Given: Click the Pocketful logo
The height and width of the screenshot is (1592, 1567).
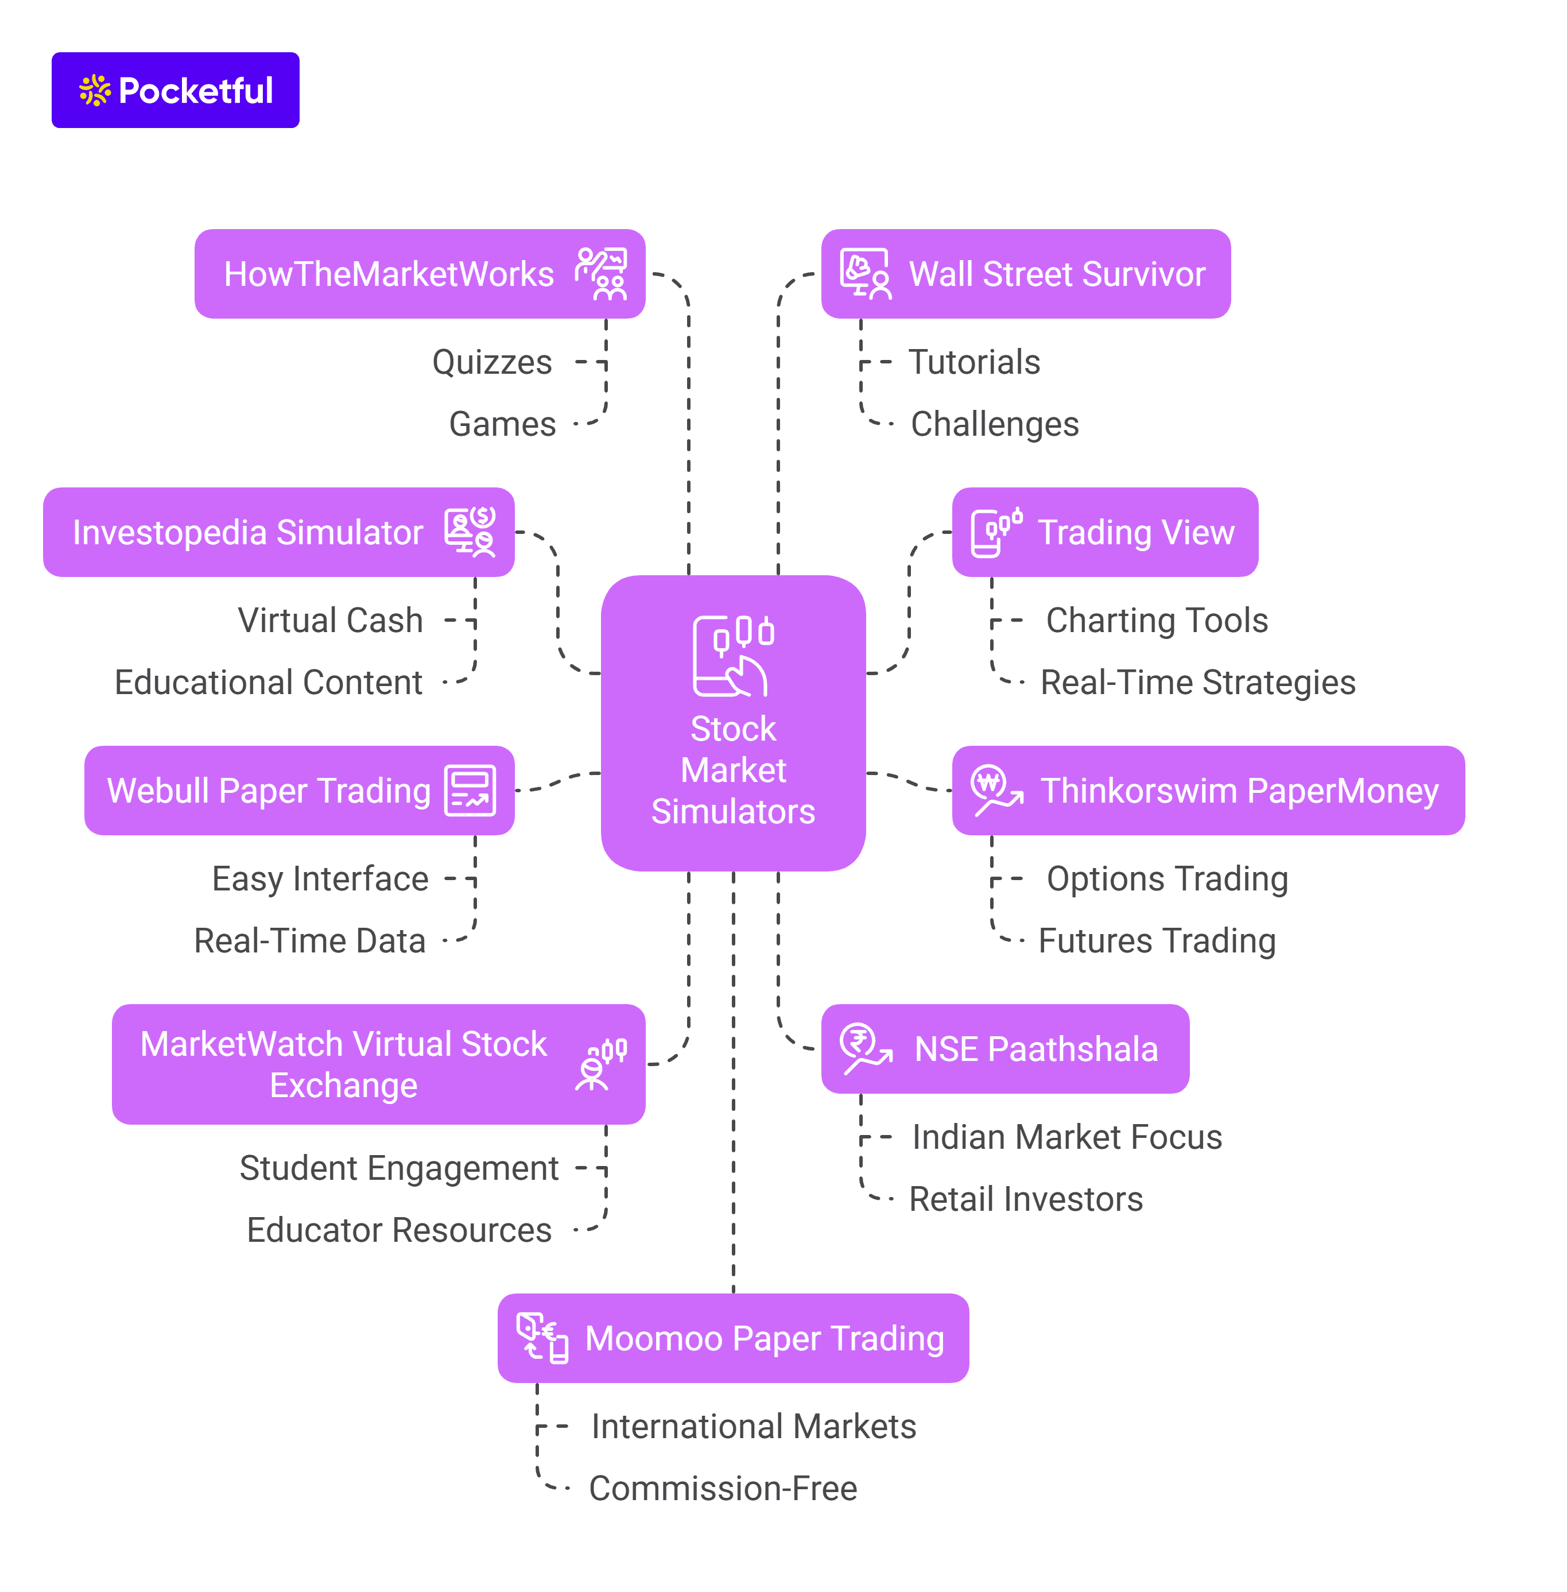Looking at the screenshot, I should [175, 91].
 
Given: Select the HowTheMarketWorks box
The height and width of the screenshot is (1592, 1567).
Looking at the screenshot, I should [420, 274].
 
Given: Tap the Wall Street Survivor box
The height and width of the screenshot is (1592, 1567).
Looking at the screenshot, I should [1026, 274].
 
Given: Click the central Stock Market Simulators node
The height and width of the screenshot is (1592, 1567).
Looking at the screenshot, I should [734, 723].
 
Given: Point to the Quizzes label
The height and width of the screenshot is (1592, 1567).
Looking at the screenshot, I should [492, 362].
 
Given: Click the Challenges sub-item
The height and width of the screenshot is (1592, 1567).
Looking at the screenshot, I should [994, 424].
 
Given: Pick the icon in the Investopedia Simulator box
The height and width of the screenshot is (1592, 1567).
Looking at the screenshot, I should [470, 532].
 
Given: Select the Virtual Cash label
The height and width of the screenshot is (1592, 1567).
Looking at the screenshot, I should [330, 620].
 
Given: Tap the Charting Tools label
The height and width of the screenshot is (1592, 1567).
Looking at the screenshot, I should [1157, 620].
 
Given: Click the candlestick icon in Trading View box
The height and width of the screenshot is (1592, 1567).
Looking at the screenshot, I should [996, 532].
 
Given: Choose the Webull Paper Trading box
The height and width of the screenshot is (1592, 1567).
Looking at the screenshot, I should [300, 790].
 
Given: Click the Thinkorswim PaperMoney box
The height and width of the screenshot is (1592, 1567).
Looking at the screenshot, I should [1208, 790].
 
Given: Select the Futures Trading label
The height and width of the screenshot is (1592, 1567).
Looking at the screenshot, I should [1157, 940].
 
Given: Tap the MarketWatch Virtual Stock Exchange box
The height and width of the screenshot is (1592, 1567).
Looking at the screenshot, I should [379, 1064].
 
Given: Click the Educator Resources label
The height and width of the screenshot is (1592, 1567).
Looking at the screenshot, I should [399, 1230].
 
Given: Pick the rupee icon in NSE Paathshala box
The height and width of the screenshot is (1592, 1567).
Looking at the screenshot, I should [865, 1049].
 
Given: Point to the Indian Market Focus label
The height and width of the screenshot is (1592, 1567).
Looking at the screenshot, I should [1066, 1137].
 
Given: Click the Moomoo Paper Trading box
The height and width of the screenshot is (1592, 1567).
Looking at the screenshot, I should [734, 1338].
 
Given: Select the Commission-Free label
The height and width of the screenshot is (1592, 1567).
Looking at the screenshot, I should [723, 1488].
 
